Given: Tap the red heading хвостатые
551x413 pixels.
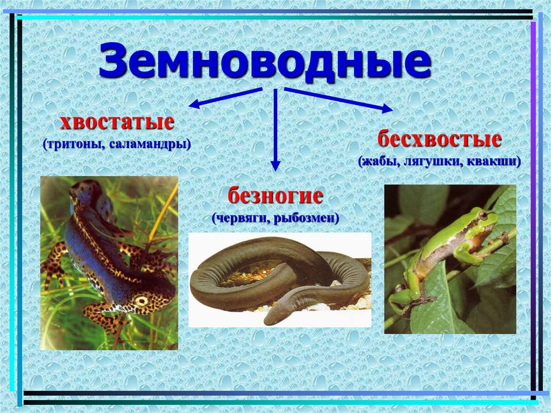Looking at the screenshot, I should [x=117, y=122].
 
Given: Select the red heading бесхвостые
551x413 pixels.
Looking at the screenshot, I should [x=439, y=140].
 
